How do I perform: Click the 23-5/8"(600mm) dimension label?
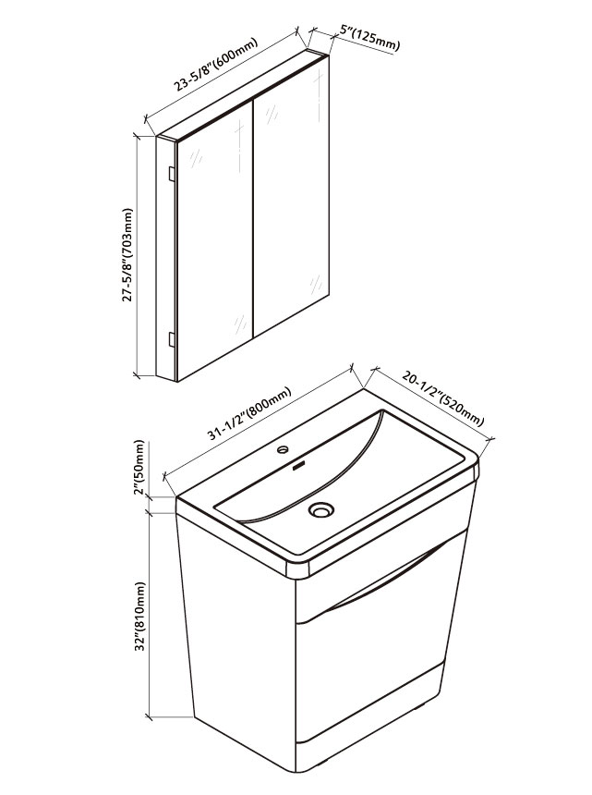pos(216,65)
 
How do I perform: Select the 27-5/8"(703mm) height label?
pos(128,255)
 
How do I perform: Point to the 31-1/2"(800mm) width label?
pos(249,413)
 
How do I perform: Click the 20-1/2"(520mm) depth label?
pos(443,398)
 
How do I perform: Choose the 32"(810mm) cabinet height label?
pos(140,616)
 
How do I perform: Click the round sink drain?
pos(321,509)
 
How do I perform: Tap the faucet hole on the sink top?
pos(283,449)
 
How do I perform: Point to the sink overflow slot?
pos(300,464)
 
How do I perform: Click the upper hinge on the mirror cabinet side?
pos(172,174)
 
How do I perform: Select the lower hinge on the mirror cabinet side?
pos(172,339)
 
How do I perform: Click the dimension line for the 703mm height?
pos(137,255)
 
